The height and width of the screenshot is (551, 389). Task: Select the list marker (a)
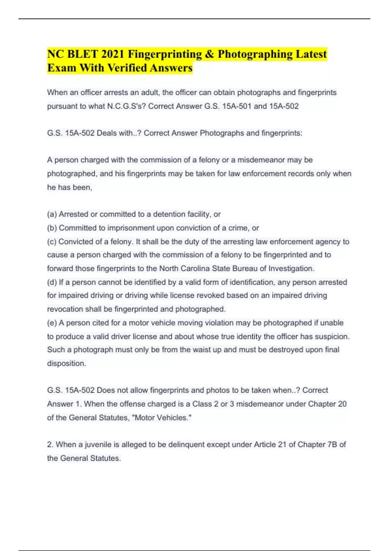coord(52,214)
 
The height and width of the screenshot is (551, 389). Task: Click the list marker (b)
coord(52,228)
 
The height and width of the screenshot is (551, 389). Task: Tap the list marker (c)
coord(52,241)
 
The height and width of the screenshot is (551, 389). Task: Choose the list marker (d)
coord(52,282)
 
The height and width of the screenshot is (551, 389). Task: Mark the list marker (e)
coord(52,323)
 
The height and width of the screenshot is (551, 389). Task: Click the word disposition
coord(66,363)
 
